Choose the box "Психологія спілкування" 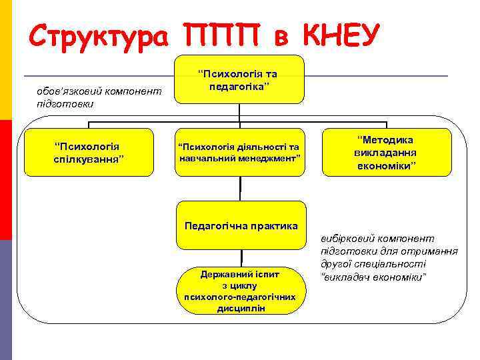point(89,152)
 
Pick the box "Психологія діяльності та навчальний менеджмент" point(239,152)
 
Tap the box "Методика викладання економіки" point(386,152)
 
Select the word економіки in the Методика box point(386,165)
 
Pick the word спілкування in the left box point(89,159)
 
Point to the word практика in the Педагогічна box point(275,225)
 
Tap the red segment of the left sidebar point(5,179)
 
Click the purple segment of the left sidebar point(5,299)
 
